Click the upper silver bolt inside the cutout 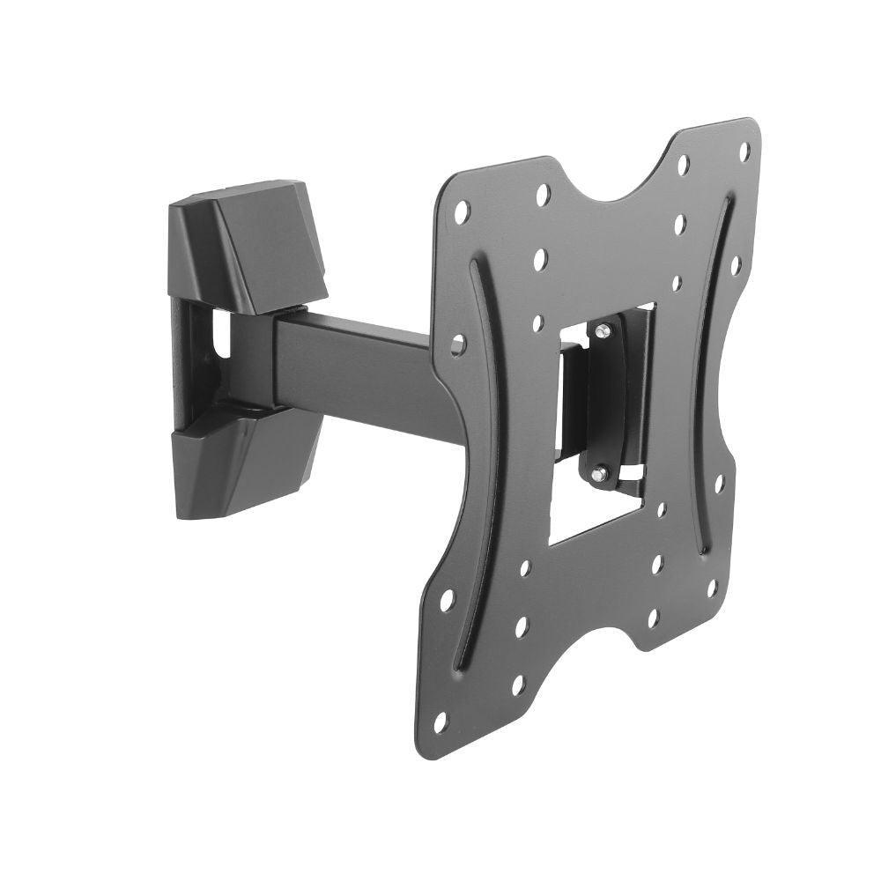click(x=601, y=332)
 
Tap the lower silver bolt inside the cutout click(x=599, y=474)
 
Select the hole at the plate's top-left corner click(x=462, y=210)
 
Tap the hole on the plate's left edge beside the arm click(x=457, y=344)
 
